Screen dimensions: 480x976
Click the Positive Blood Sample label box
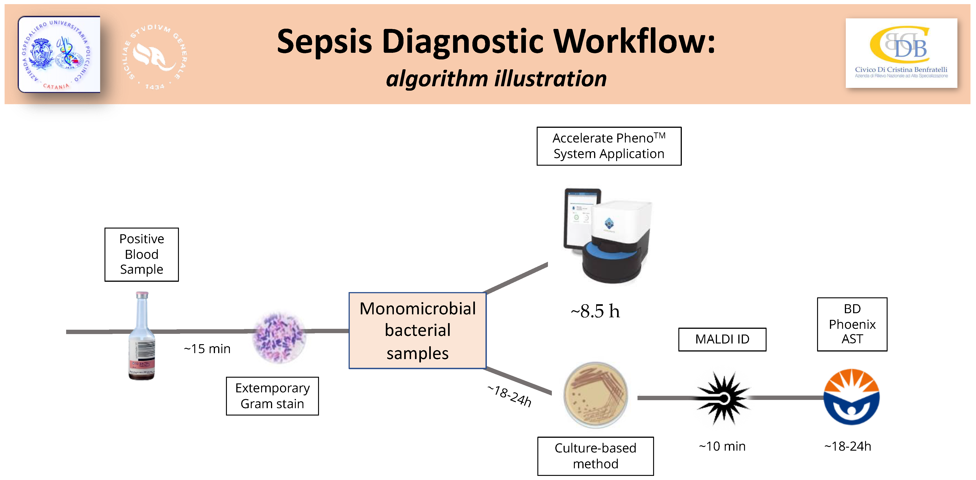click(x=141, y=254)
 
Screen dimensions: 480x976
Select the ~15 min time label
click(x=207, y=349)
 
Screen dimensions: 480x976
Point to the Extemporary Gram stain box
click(x=272, y=396)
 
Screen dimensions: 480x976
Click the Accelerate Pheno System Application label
click(x=609, y=146)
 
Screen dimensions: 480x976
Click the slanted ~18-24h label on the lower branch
click(x=510, y=396)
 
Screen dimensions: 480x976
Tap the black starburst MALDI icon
click(x=723, y=397)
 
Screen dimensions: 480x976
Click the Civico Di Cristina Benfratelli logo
click(x=901, y=53)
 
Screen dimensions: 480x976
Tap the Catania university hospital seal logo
click(x=59, y=54)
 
